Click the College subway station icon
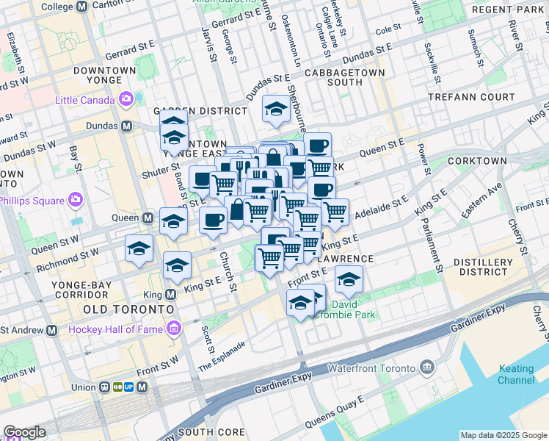click(81, 6)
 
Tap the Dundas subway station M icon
click(127, 126)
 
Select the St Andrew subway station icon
click(52, 330)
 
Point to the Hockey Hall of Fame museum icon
click(175, 329)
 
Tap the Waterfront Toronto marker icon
click(427, 367)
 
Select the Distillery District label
click(483, 265)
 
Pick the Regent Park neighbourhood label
click(509, 9)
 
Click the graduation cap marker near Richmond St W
click(139, 248)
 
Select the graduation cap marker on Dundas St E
click(276, 110)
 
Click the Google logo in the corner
click(24, 432)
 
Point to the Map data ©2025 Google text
click(503, 435)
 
